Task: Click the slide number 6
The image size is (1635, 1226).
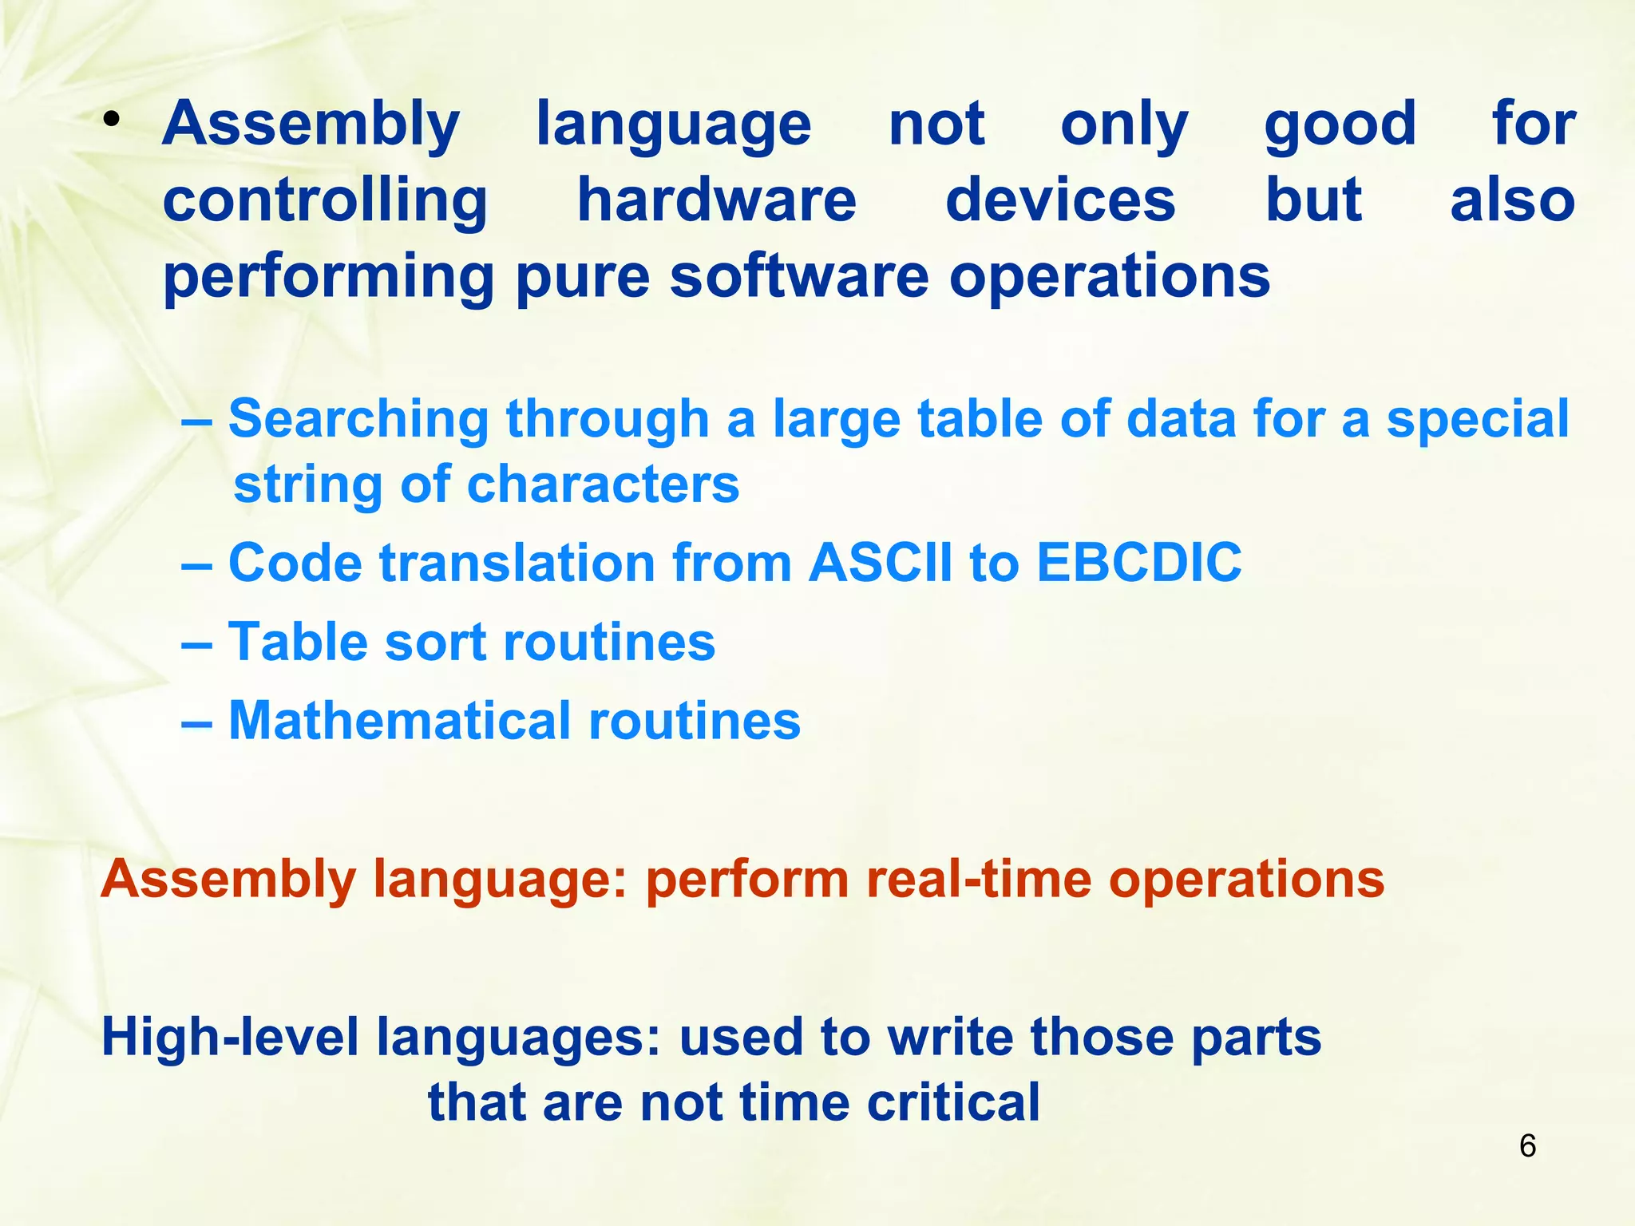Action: (x=1527, y=1146)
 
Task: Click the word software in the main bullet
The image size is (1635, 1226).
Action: (x=799, y=276)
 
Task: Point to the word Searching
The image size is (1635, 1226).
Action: (x=358, y=419)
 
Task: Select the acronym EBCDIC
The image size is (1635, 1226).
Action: (x=1138, y=562)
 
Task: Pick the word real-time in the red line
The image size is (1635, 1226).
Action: (x=980, y=879)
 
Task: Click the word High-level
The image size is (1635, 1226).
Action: (x=230, y=1037)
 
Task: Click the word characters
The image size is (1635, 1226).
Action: (x=603, y=484)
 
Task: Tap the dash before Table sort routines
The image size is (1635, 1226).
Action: (x=196, y=643)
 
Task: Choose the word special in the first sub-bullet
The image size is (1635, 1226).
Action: (x=1478, y=419)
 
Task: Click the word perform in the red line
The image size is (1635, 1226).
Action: (x=747, y=879)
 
